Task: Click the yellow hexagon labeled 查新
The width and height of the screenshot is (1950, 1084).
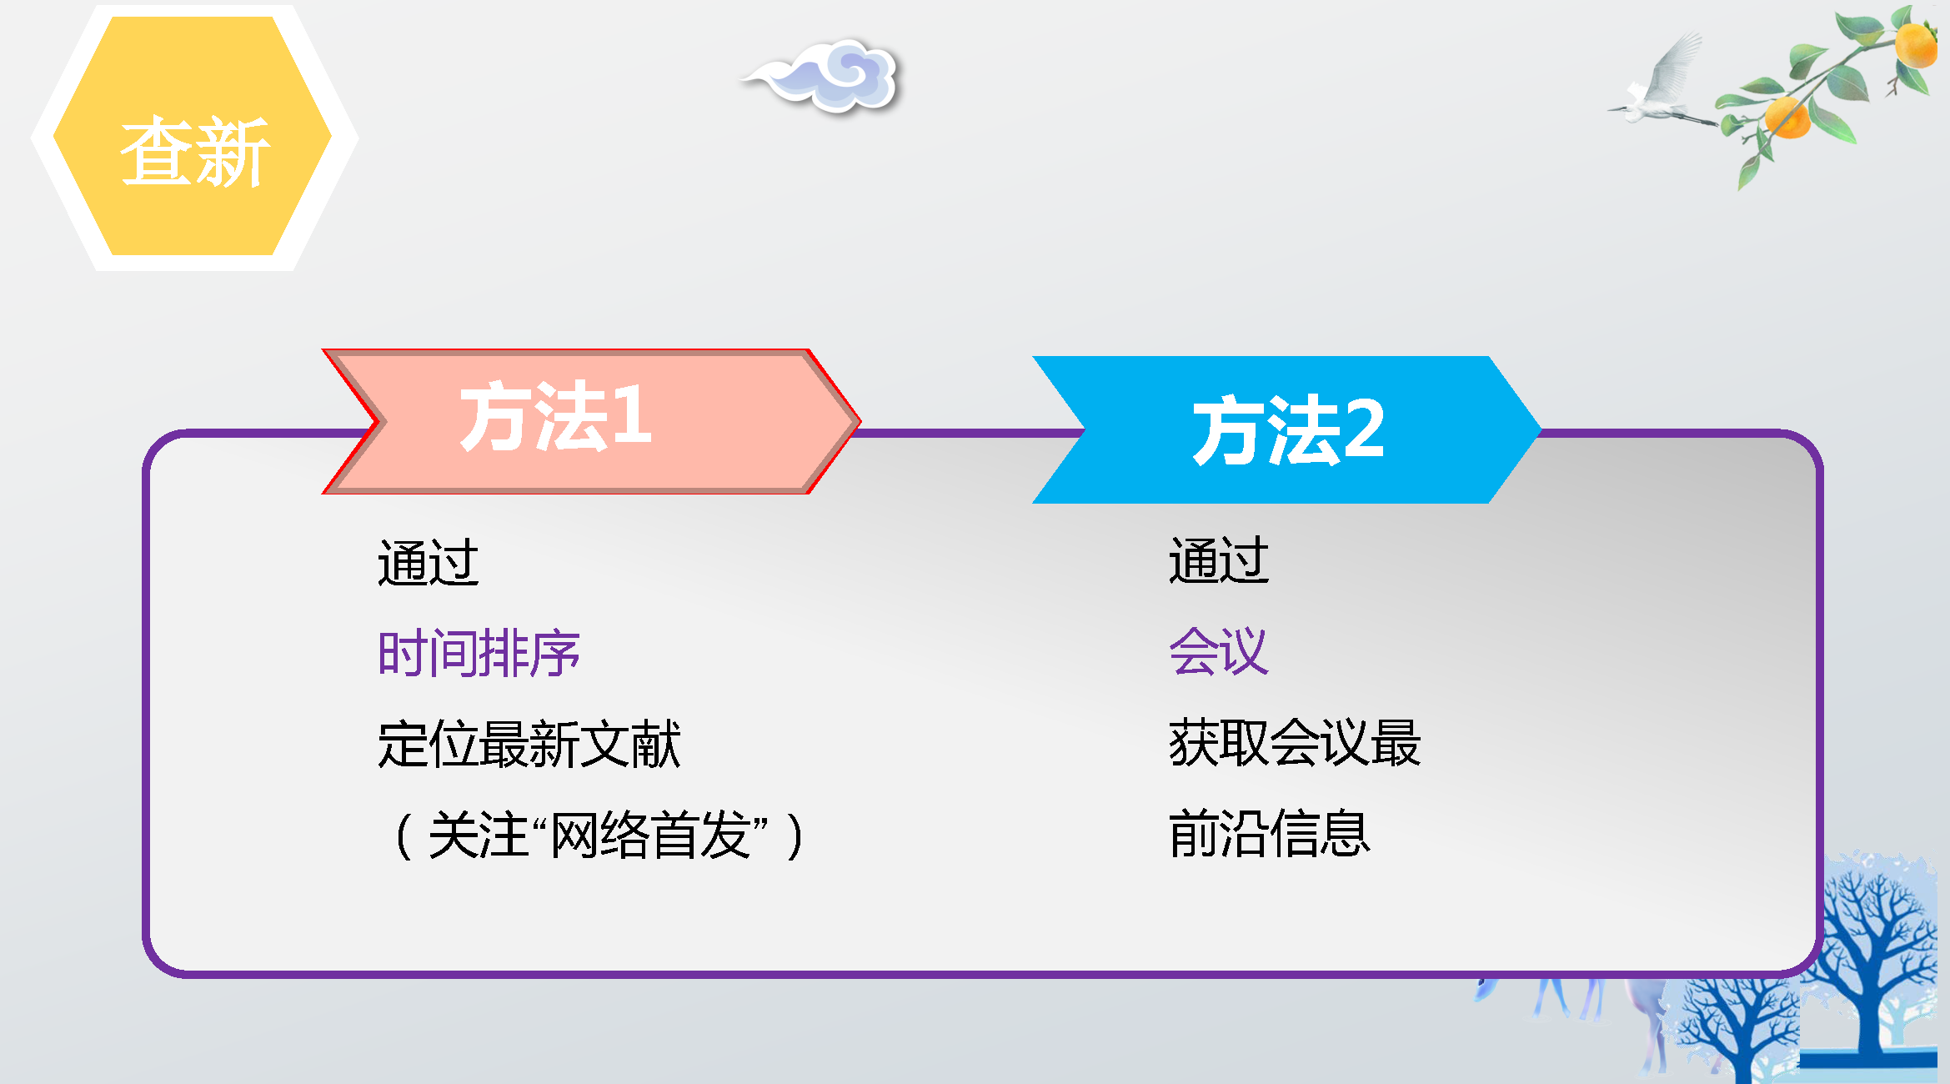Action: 193,136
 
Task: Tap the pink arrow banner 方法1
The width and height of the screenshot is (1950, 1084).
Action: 591,421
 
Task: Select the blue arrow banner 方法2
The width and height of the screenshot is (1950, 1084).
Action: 1286,429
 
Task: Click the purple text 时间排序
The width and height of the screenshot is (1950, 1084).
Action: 479,653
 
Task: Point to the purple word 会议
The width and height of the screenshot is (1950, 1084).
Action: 1219,650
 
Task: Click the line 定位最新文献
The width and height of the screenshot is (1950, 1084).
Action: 529,744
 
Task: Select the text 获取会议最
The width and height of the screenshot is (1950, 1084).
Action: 1295,742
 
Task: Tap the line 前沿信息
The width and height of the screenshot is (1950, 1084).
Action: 1270,833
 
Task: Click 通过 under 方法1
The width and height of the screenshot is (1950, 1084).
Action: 429,562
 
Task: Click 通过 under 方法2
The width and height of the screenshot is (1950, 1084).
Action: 1219,560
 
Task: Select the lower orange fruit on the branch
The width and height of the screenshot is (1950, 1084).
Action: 1787,117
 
